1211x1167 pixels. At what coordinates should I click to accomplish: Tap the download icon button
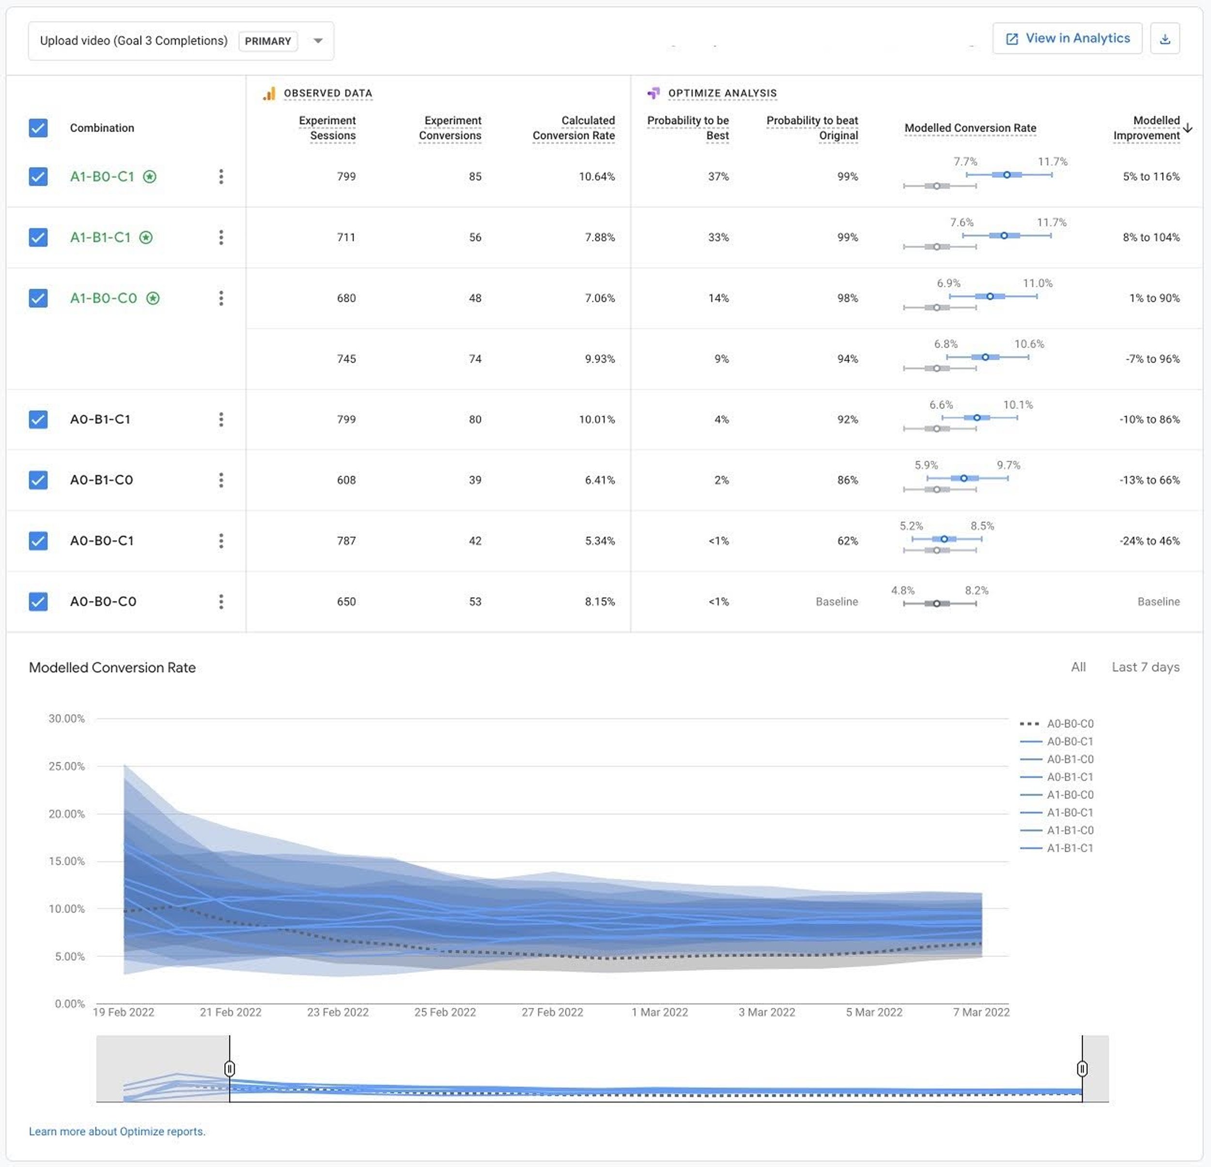(x=1164, y=39)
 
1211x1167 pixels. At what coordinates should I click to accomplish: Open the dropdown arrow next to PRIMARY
(x=318, y=41)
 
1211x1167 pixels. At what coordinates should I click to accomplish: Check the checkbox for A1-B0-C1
(x=38, y=177)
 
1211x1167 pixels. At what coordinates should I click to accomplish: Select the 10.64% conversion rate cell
(x=596, y=177)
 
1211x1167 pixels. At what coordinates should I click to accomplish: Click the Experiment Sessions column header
(x=327, y=128)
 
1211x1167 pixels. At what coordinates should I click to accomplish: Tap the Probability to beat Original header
(x=812, y=128)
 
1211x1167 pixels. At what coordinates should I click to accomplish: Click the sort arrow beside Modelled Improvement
(x=1188, y=128)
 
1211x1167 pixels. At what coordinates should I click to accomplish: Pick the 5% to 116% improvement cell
(x=1150, y=177)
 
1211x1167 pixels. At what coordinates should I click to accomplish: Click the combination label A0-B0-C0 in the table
(x=103, y=601)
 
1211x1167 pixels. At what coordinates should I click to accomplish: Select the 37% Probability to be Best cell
(x=718, y=177)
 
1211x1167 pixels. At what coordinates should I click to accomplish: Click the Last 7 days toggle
(x=1145, y=667)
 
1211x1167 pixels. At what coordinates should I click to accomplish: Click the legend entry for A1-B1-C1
(x=1069, y=848)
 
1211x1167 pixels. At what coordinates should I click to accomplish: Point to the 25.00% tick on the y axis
(x=67, y=766)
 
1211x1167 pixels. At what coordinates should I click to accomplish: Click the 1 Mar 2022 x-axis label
(x=659, y=1012)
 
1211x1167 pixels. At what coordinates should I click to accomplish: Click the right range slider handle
(x=1082, y=1068)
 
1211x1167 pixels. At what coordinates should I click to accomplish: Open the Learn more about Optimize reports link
(x=117, y=1131)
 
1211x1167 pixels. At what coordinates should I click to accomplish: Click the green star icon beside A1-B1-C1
(x=146, y=237)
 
